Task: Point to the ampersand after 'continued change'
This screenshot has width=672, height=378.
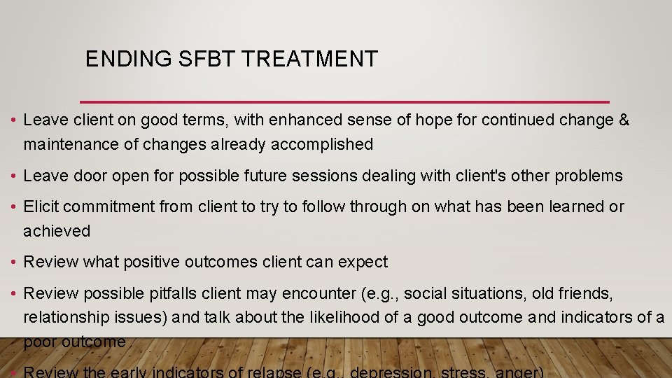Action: pyautogui.click(x=624, y=120)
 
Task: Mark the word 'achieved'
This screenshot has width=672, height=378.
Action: pyautogui.click(x=56, y=231)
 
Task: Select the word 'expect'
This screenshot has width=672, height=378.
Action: pyautogui.click(x=363, y=262)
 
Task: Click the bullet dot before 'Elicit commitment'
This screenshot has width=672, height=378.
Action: pyautogui.click(x=14, y=207)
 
